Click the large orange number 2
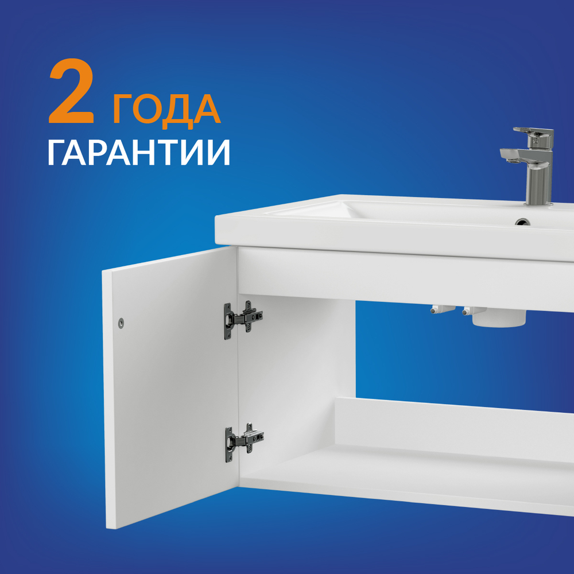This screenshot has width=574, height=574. point(72,91)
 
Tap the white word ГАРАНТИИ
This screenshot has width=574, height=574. point(139,152)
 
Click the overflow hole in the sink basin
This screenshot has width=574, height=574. point(522,222)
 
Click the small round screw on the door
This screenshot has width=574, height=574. point(121,323)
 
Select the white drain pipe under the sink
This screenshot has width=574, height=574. point(499,318)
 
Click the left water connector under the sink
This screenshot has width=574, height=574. point(441,309)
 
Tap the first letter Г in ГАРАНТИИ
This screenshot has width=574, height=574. point(56,152)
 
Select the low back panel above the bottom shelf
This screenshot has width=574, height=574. point(454,429)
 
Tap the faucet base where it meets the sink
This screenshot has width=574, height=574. point(538,202)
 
